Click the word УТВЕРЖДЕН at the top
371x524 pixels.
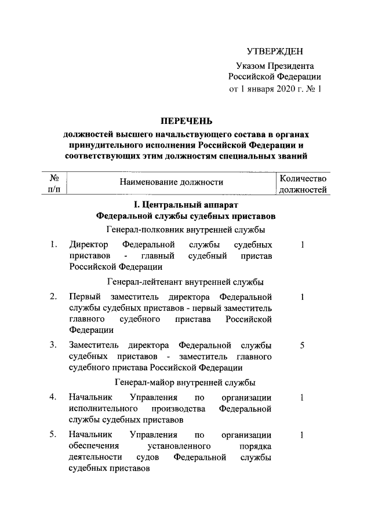pos(275,52)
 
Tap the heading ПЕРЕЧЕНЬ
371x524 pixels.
pos(185,121)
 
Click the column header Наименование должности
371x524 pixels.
pos(171,182)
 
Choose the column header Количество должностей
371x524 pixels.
pos(303,182)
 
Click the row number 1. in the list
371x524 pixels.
pos(53,245)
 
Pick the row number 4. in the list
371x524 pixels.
pos(53,397)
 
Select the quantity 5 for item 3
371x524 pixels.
pos(303,346)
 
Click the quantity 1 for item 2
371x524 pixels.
pos(303,297)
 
